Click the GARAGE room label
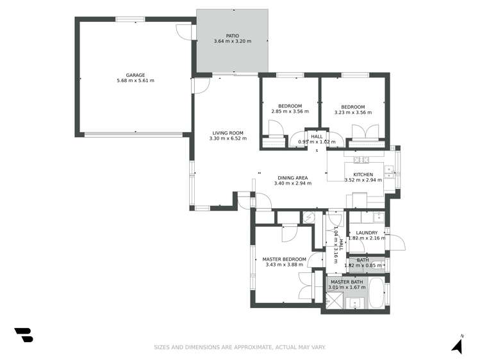pos(135,75)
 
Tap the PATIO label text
pos(232,36)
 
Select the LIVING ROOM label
pos(228,133)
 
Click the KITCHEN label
pos(363,174)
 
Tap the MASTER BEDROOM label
pos(284,259)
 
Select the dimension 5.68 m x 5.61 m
pos(135,81)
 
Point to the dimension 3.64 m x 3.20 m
pos(232,42)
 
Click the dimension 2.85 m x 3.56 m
pos(290,112)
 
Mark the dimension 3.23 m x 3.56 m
pos(352,113)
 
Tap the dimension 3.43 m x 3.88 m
pos(284,265)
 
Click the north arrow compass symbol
pos(457,345)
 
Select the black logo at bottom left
pos(23,335)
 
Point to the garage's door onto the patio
pos(186,33)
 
